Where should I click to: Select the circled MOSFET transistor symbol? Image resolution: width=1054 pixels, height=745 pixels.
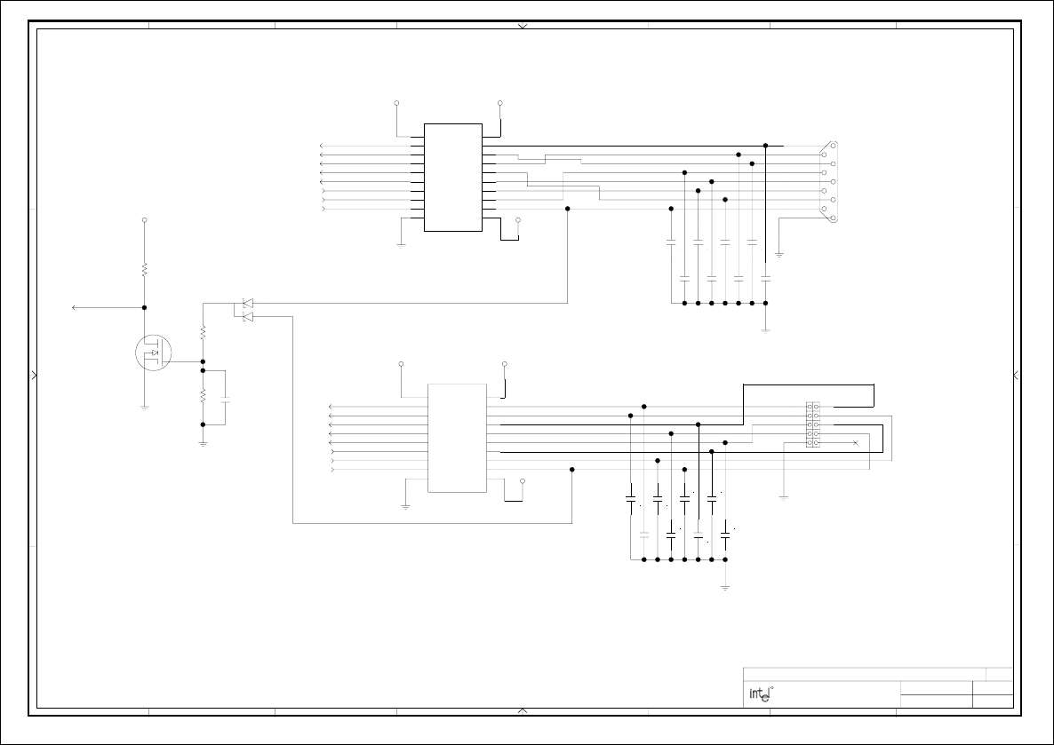pyautogui.click(x=153, y=353)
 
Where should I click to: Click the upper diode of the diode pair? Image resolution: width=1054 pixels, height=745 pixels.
pyautogui.click(x=248, y=304)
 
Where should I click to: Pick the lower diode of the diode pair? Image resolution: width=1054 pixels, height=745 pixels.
pyautogui.click(x=248, y=317)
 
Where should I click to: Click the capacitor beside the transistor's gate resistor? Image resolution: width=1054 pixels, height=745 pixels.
pyautogui.click(x=225, y=400)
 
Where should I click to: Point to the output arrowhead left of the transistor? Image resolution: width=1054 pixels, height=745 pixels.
pyautogui.click(x=75, y=307)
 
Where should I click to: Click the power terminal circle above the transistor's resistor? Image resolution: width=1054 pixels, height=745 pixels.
pyautogui.click(x=144, y=219)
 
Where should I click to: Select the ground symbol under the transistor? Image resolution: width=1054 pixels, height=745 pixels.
pyautogui.click(x=144, y=408)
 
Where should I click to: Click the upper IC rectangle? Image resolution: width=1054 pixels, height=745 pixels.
pyautogui.click(x=453, y=178)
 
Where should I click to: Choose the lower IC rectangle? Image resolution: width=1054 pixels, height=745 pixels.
pyautogui.click(x=457, y=438)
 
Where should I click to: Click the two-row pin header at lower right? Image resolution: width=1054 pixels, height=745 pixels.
pyautogui.click(x=812, y=424)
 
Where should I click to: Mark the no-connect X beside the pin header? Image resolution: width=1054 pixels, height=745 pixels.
pyautogui.click(x=855, y=442)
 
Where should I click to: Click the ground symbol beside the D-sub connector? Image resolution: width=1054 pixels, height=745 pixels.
pyautogui.click(x=779, y=254)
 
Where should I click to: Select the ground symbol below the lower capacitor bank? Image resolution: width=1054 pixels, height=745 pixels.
pyautogui.click(x=725, y=588)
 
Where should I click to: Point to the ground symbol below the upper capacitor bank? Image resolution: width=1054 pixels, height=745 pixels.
pyautogui.click(x=765, y=330)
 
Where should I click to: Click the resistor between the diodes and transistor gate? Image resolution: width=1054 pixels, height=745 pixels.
pyautogui.click(x=203, y=332)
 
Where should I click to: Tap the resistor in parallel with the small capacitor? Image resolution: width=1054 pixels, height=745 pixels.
pyautogui.click(x=203, y=395)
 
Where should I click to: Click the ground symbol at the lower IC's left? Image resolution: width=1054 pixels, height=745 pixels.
pyautogui.click(x=405, y=506)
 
